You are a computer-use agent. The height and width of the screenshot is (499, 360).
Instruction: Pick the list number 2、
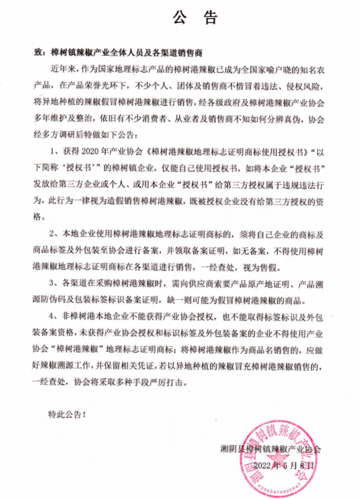(x=53, y=235)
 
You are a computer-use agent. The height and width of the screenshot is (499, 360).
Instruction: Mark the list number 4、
(x=53, y=318)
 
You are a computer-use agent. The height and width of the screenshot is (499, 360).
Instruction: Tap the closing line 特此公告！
(x=64, y=412)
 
